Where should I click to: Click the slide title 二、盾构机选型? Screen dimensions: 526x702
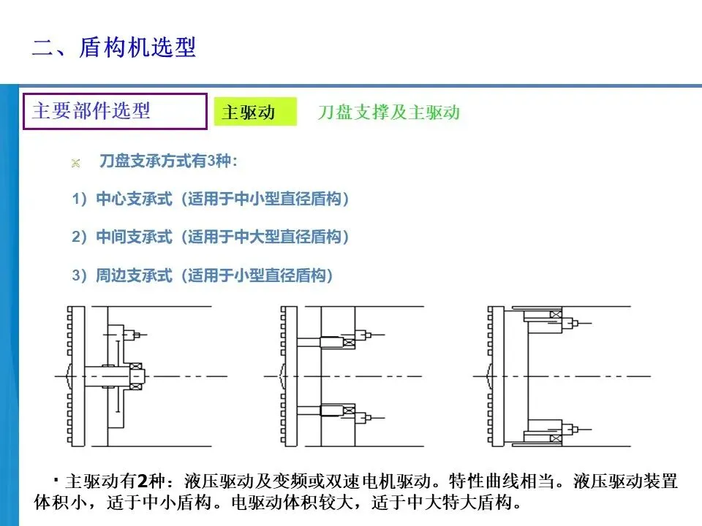point(114,47)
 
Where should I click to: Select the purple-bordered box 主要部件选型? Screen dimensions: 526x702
point(115,111)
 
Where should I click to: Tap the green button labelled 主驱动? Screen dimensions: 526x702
point(254,113)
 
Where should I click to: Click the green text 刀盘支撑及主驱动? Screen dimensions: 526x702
point(388,113)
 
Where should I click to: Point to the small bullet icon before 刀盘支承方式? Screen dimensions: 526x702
point(75,162)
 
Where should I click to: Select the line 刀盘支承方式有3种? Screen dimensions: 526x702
point(168,161)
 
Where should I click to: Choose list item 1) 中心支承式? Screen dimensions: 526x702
point(211,199)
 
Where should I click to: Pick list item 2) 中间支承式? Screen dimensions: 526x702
point(211,237)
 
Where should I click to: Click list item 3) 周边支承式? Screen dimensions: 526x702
point(203,275)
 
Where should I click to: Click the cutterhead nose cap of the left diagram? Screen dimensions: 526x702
point(67,376)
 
